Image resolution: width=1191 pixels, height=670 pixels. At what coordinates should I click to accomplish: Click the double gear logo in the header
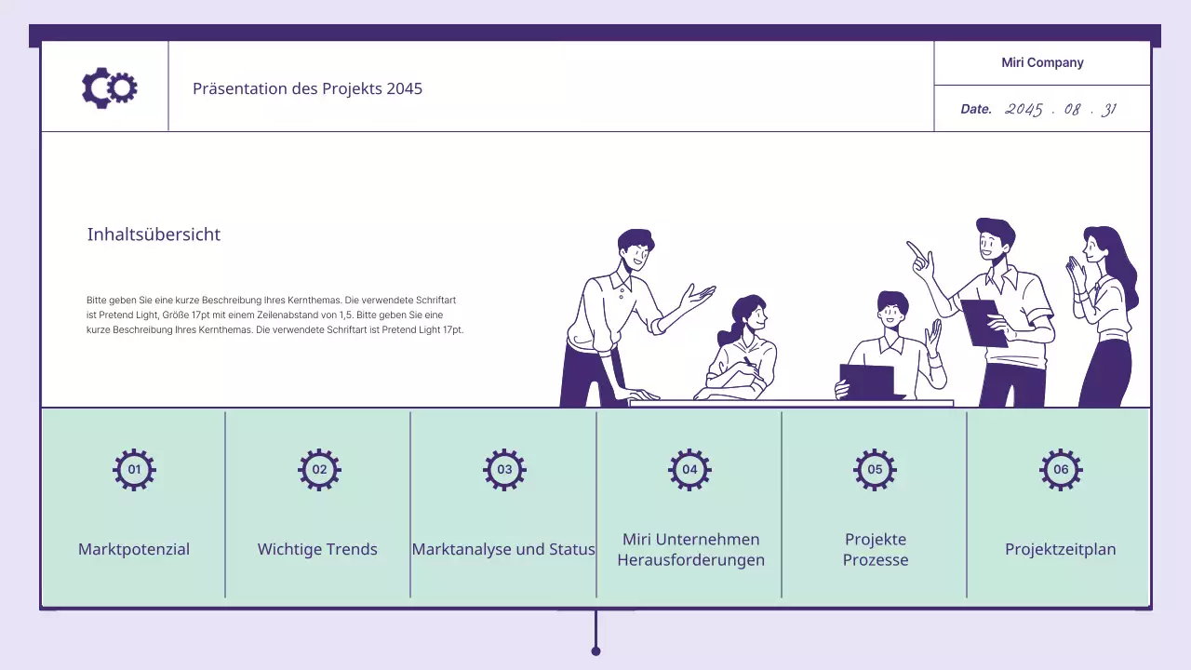(110, 87)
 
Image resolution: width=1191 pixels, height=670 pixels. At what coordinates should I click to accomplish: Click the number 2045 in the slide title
(404, 88)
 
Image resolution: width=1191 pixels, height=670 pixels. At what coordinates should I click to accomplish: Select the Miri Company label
(1042, 62)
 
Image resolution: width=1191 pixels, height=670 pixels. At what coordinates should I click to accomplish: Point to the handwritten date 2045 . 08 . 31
(1061, 110)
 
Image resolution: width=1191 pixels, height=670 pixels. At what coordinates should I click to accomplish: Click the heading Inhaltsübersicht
(154, 234)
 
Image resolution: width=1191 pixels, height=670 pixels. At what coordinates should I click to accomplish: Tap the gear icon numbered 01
(134, 470)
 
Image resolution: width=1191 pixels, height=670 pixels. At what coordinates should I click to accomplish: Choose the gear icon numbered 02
(319, 470)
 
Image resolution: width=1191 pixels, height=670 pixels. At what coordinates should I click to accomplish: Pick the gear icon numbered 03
(504, 470)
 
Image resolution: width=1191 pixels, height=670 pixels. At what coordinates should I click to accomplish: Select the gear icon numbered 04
(689, 470)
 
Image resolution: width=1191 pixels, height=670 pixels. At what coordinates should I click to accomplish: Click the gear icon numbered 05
(876, 470)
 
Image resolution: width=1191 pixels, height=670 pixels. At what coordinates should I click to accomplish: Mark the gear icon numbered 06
(1061, 470)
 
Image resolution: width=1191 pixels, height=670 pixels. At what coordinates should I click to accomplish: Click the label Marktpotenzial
(134, 549)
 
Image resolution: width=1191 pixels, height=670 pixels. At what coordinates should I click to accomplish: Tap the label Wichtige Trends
(317, 549)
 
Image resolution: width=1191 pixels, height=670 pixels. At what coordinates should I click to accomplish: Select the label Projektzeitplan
(1060, 549)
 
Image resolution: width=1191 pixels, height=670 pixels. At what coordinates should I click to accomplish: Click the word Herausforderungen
(690, 560)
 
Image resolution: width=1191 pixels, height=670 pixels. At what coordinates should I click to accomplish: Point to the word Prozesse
(876, 560)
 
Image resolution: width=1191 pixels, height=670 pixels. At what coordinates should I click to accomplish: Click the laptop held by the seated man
(868, 382)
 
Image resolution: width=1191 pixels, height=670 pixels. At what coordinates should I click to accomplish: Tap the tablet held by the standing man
(983, 323)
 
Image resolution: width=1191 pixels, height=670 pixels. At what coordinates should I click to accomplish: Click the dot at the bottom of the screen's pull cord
(595, 651)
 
